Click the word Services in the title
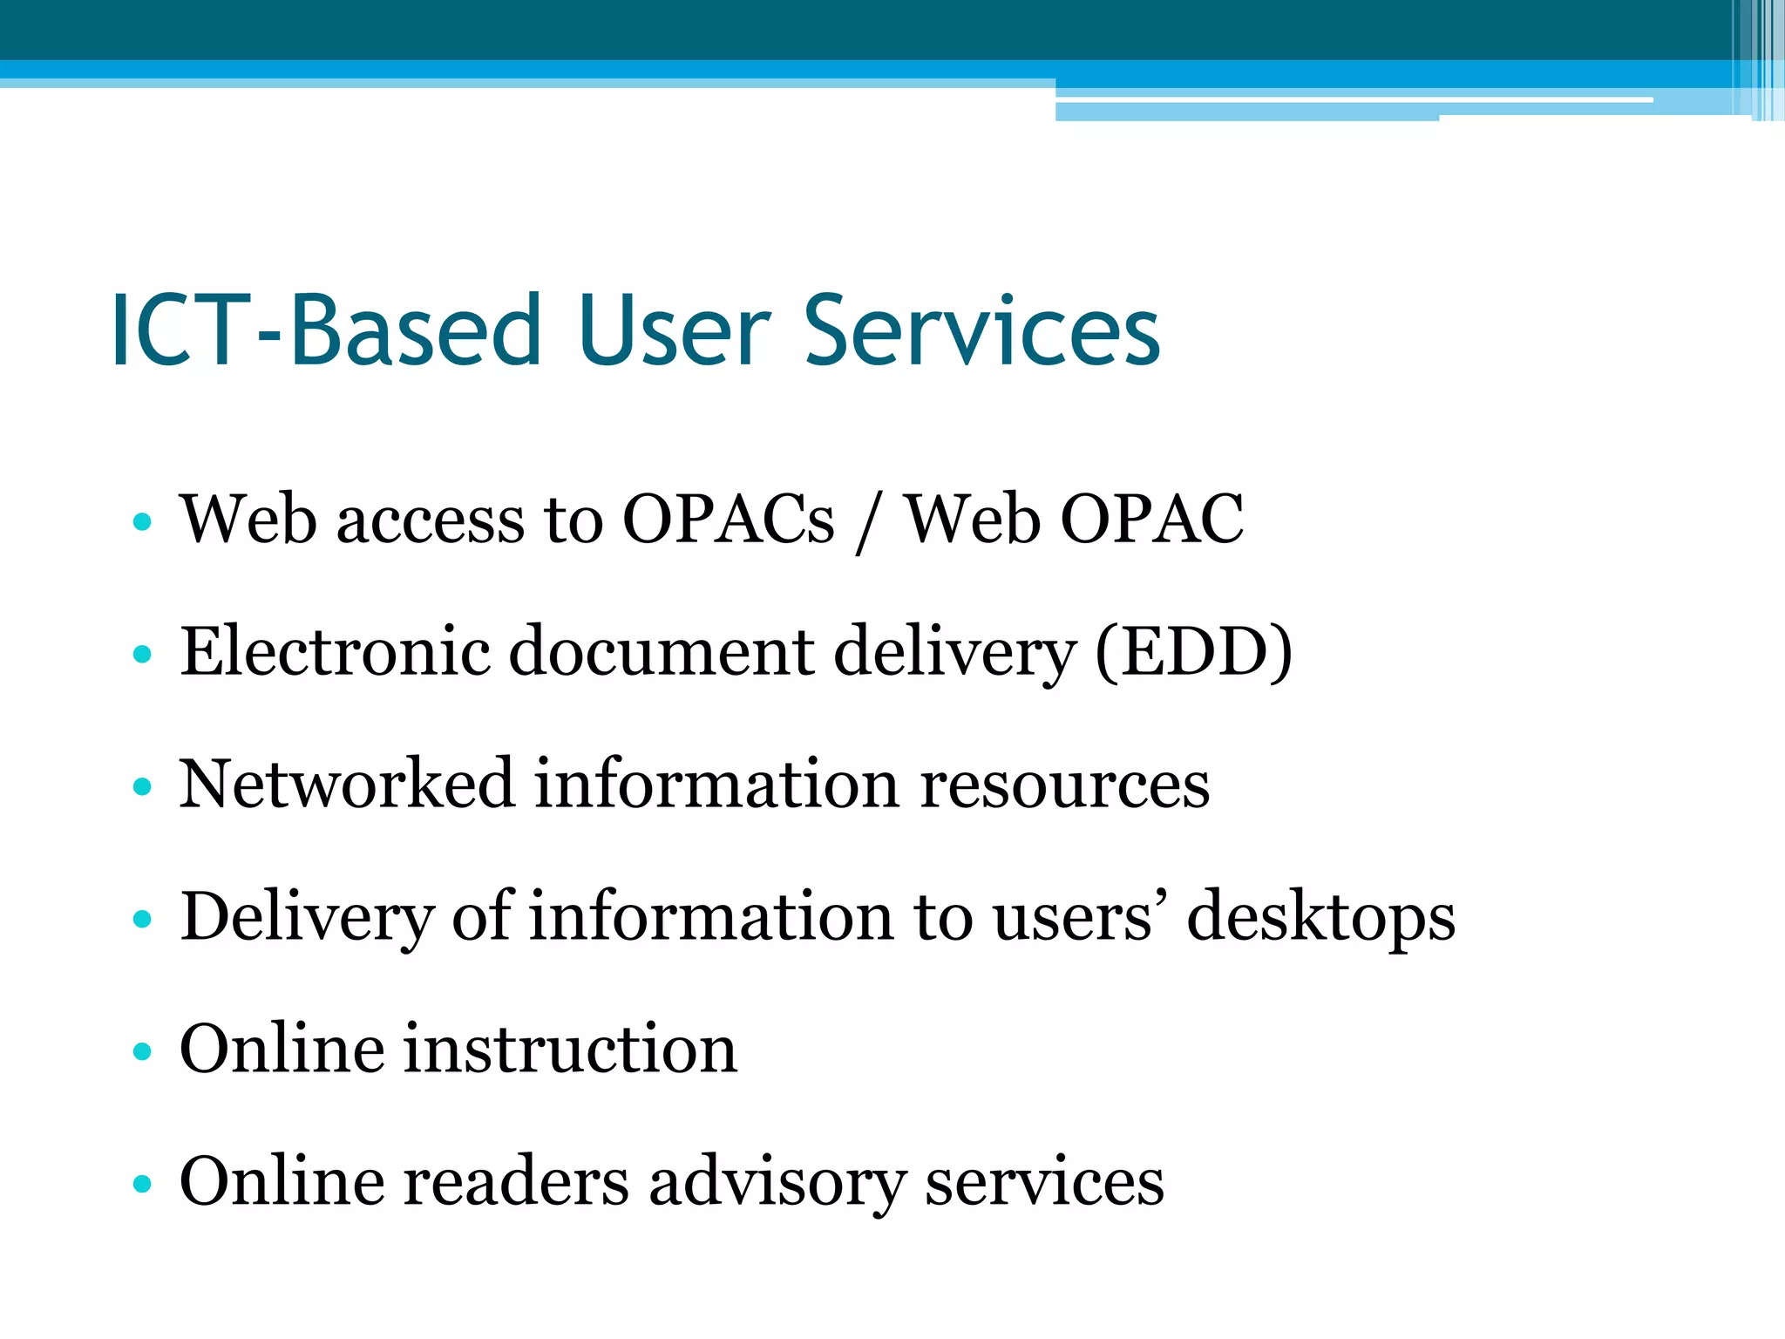[981, 331]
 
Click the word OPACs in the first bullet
[728, 520]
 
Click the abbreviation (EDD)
[1193, 652]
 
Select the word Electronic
[335, 652]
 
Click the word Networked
[346, 784]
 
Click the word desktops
[1320, 918]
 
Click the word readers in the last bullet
[515, 1182]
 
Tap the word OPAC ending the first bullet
[1151, 520]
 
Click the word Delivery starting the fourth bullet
[306, 918]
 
